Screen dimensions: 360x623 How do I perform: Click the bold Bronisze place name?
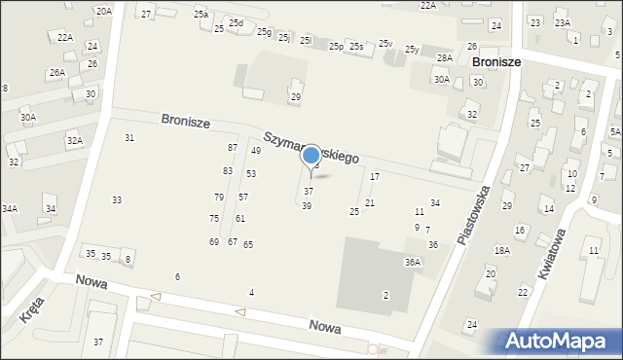tap(495, 60)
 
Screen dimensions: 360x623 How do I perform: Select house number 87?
tap(233, 147)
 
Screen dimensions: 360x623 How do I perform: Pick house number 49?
tap(256, 151)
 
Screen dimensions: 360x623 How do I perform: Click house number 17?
tap(375, 176)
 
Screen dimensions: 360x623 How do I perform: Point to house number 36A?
tap(413, 262)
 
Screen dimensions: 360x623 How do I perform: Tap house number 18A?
tap(501, 250)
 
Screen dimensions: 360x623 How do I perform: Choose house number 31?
tap(129, 137)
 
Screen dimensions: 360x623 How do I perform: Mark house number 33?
tap(117, 199)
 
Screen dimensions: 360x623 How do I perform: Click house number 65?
tap(248, 244)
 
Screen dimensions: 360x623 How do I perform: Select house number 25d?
tap(236, 22)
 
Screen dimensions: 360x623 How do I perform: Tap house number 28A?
tap(444, 58)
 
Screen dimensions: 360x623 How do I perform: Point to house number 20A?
tap(103, 11)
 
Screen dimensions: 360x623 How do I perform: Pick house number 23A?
tap(562, 21)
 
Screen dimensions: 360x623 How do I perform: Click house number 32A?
tap(74, 141)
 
